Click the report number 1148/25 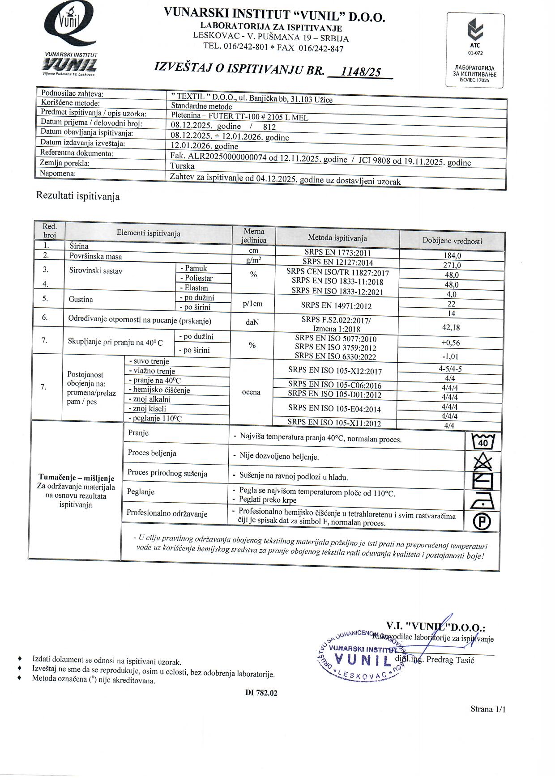point(361,72)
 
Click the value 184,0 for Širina point(452,256)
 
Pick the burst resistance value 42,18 point(451,327)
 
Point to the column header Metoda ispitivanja point(337,238)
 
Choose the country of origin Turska point(182,166)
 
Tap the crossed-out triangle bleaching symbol point(482,462)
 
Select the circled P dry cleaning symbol point(482,521)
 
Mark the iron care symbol point(482,501)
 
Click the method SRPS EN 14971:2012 point(336,306)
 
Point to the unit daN point(252,322)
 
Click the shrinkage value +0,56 point(450,343)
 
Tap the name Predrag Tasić point(450,660)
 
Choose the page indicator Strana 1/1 point(488,709)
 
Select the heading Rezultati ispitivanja point(78,196)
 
